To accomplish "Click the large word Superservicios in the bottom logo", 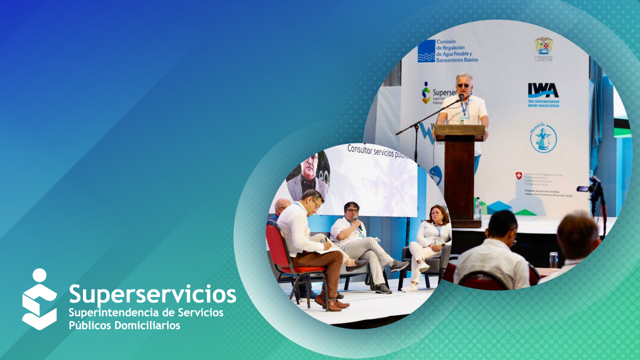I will coord(152,294).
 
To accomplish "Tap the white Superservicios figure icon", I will coord(39,299).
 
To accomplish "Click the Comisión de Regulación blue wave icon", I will coord(426,51).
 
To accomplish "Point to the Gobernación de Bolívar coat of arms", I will coord(543,46).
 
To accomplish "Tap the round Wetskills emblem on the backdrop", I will coord(543,138).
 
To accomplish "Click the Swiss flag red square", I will coord(518,175).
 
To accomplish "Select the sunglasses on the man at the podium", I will coord(463,85).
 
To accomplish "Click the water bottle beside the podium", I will coord(477,207).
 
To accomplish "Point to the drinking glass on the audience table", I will coord(553,260).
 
